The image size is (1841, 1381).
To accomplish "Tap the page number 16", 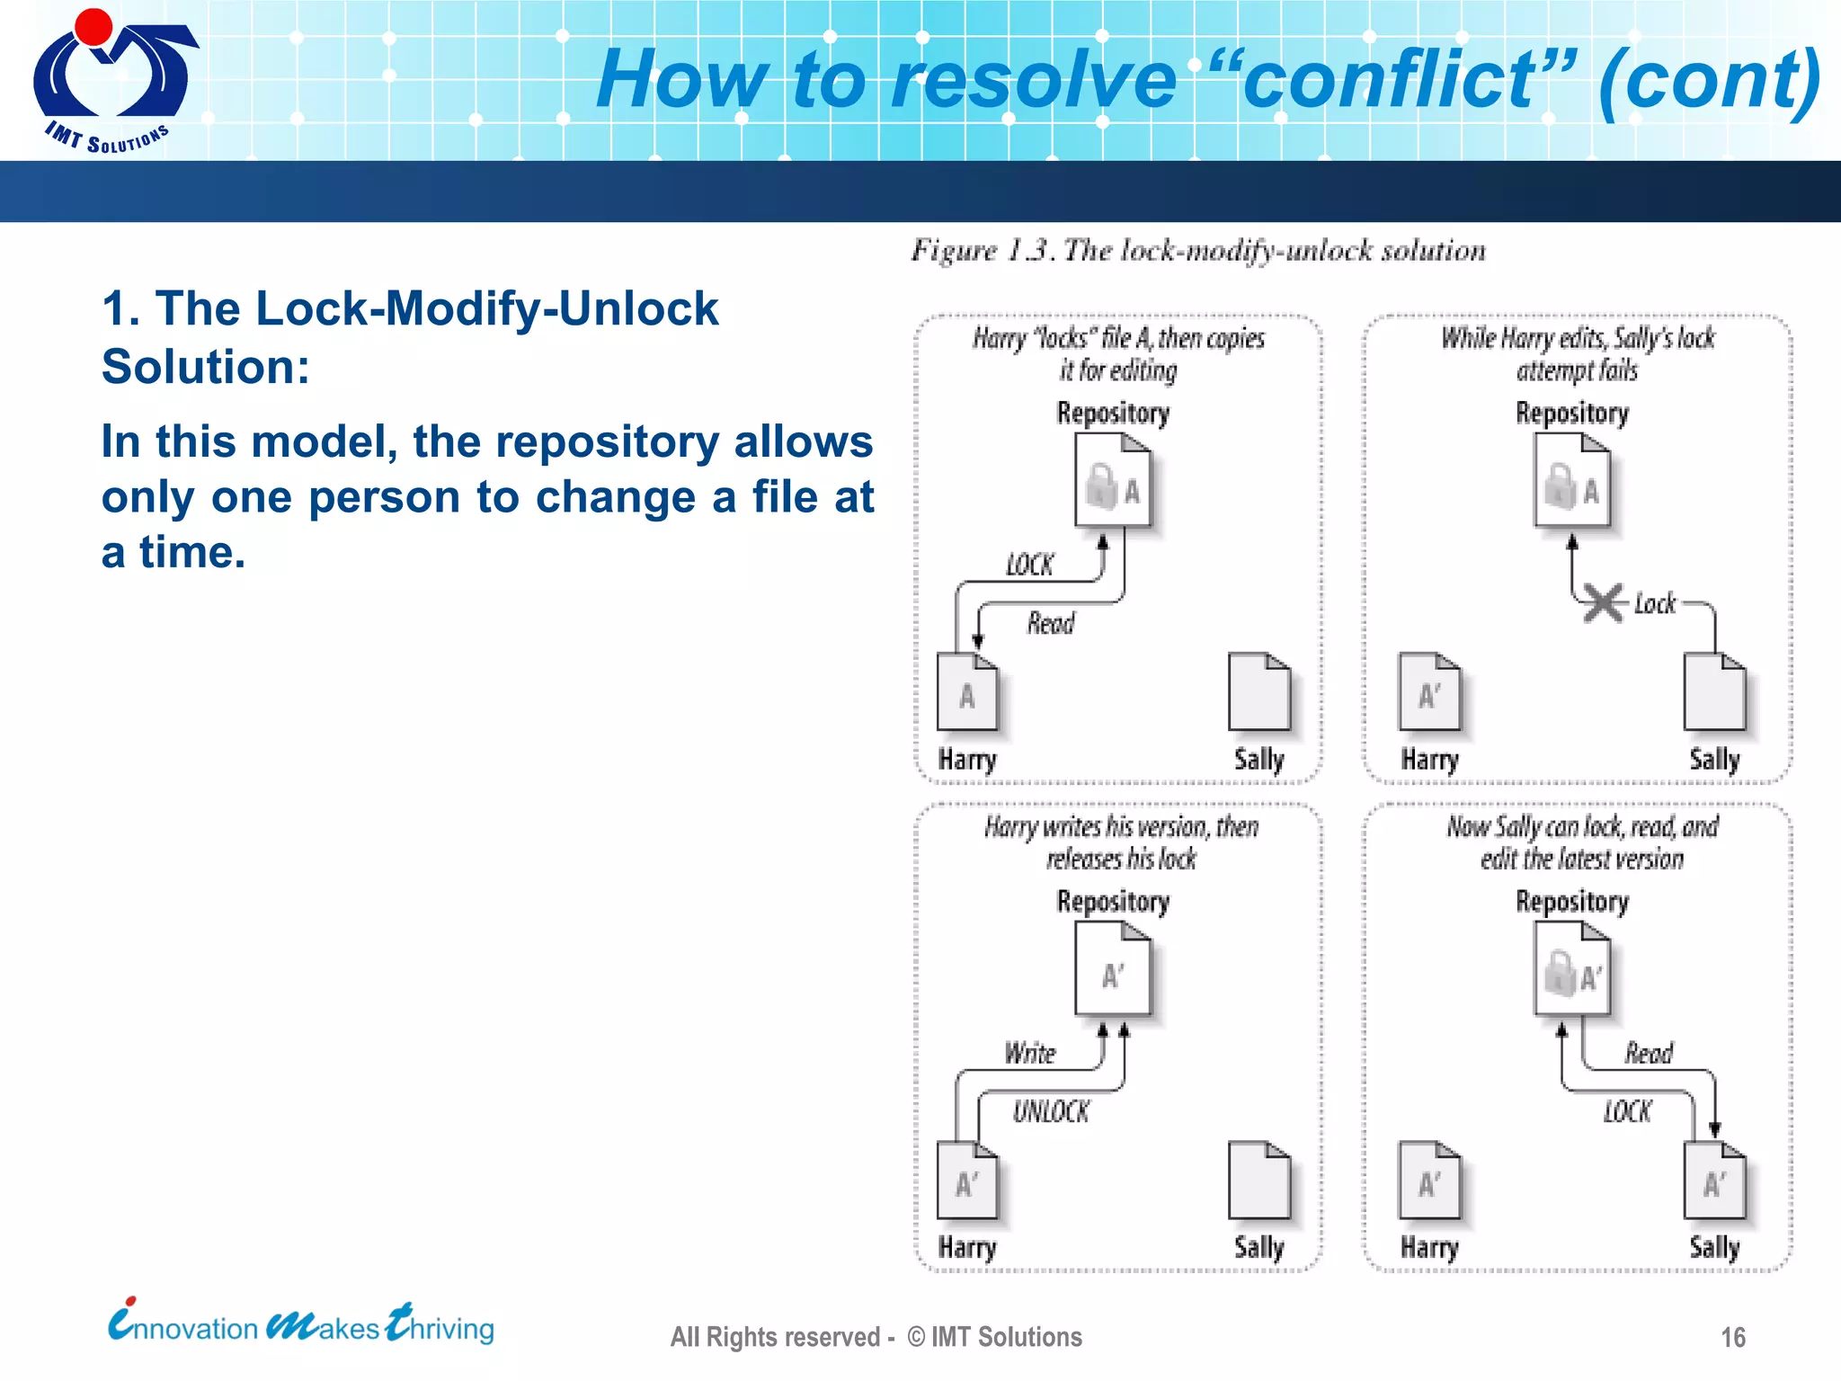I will [x=1732, y=1337].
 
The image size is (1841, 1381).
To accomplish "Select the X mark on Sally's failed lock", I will [x=1604, y=603].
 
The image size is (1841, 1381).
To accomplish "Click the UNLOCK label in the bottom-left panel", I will [x=1050, y=1112].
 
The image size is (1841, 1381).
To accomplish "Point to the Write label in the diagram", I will [x=1029, y=1053].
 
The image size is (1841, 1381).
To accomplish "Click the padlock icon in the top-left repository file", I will [x=1100, y=486].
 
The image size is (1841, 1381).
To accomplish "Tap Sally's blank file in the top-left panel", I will [x=1258, y=692].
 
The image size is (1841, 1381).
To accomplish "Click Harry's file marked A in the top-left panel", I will [x=967, y=692].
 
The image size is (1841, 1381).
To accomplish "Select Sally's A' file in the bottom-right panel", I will [x=1714, y=1181].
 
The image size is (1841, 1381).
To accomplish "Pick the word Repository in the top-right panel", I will [x=1571, y=414].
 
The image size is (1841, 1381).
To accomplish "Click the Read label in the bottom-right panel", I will [x=1648, y=1053].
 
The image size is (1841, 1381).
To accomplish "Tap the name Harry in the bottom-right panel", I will [x=1429, y=1248].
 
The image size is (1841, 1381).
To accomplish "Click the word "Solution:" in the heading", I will [x=205, y=367].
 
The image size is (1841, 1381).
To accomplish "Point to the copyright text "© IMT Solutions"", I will [x=994, y=1337].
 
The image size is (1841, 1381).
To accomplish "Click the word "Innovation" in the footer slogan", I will [x=184, y=1327].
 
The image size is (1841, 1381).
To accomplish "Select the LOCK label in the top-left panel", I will [x=1029, y=565].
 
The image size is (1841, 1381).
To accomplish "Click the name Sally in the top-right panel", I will [x=1714, y=760].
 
